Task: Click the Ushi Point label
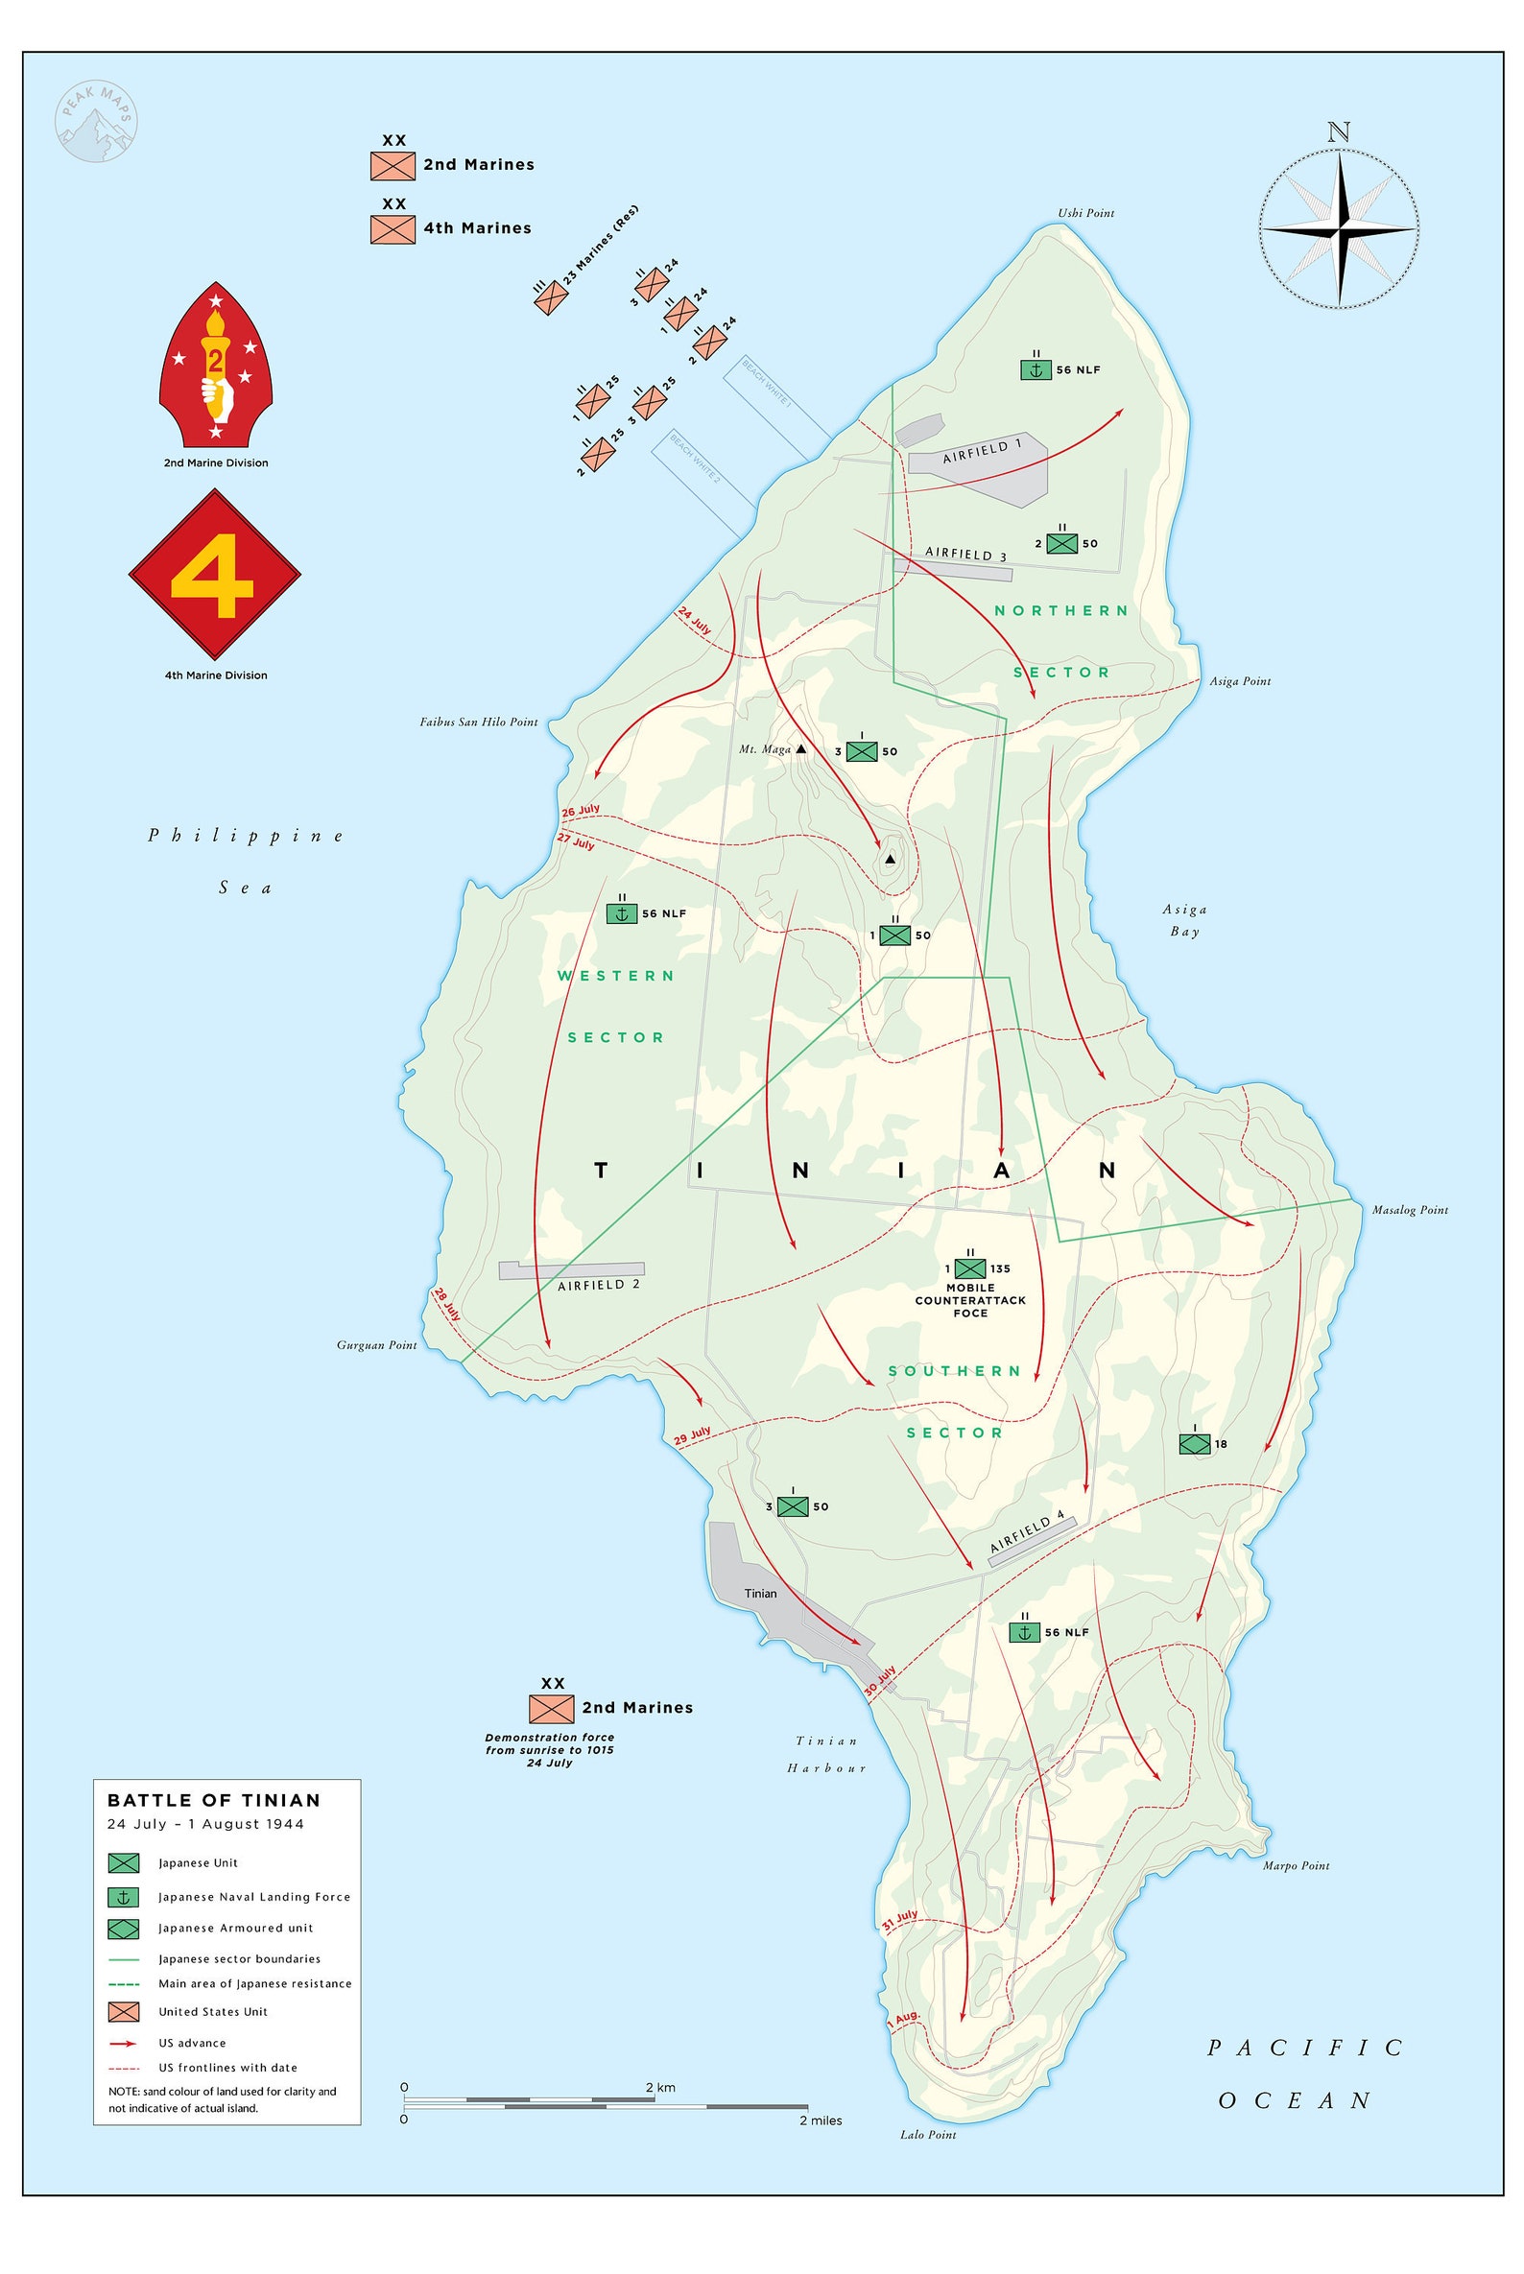1085,213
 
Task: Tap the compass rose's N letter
1339,132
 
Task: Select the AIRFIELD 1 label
982,451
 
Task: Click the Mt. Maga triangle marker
801,749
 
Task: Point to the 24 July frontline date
695,620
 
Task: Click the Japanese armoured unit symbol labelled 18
1194,1444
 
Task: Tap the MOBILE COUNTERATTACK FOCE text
970,1300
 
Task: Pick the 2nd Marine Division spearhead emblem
216,364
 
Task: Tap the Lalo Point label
927,2135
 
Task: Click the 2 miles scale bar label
821,2120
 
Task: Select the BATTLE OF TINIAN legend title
214,1800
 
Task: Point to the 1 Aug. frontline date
903,2020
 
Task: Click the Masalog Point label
1409,1210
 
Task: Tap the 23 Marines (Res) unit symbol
550,297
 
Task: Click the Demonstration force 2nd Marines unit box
551,1709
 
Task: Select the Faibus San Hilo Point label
478,722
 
